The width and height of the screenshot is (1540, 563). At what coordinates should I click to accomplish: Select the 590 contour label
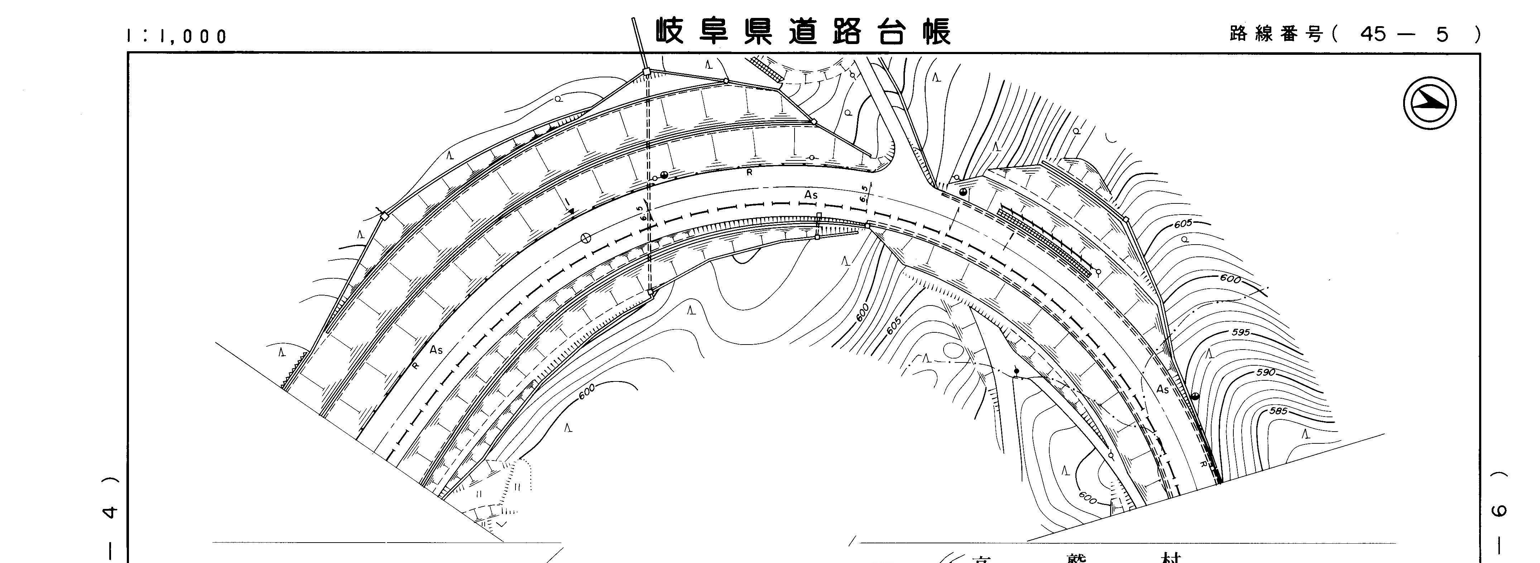click(1266, 372)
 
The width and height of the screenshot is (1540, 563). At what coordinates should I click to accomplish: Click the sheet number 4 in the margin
click(111, 511)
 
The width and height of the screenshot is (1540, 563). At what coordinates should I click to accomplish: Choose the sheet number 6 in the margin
click(1500, 511)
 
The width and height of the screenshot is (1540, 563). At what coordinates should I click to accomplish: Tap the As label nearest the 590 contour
click(1162, 390)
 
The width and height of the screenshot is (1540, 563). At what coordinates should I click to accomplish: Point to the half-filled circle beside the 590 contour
click(1195, 396)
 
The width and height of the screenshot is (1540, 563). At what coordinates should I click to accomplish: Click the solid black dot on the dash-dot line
click(1016, 371)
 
